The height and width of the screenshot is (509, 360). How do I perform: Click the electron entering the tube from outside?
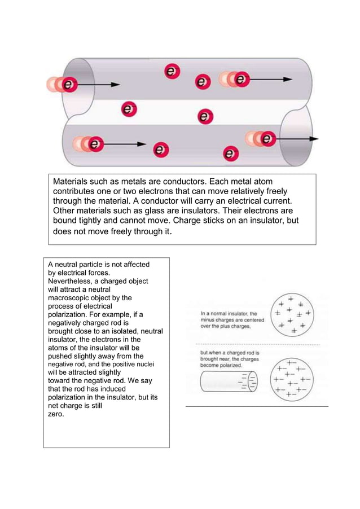pyautogui.click(x=68, y=85)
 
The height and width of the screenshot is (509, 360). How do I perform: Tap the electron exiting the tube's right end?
pyautogui.click(x=267, y=138)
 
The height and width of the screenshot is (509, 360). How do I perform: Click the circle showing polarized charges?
pyautogui.click(x=291, y=379)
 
